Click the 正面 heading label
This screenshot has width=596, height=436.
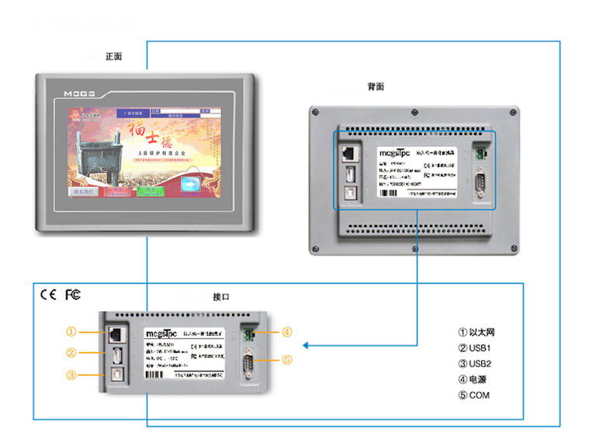coord(114,57)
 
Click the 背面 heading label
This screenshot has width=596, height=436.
coord(376,86)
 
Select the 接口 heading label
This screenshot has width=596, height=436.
coord(220,298)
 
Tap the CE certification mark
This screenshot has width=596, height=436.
coord(48,295)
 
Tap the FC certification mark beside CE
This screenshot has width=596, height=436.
coord(72,295)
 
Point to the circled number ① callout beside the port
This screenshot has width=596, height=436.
coord(71,331)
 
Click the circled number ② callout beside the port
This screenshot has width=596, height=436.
coord(71,353)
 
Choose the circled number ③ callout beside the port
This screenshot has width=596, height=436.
coord(71,375)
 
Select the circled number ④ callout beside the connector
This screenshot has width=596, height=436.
coord(286,333)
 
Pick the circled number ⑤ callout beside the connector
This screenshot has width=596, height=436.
coord(286,360)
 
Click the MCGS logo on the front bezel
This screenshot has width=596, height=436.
coord(79,92)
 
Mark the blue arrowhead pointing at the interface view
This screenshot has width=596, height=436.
coord(307,346)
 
